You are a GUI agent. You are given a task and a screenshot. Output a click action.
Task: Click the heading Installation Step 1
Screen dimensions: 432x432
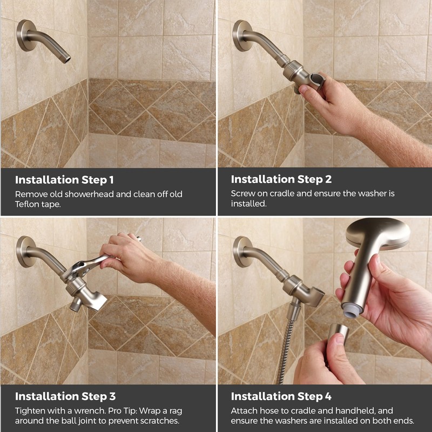coord(64,179)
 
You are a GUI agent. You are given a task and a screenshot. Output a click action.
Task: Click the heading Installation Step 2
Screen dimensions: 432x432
coord(280,179)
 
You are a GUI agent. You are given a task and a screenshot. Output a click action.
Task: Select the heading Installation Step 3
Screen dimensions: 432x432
coord(65,396)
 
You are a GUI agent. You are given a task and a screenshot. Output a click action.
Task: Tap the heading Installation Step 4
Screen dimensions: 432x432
coord(281,396)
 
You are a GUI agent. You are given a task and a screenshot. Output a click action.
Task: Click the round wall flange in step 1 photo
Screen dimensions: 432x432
coord(25,35)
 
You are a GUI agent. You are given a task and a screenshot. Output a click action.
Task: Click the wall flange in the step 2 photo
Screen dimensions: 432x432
coord(242,35)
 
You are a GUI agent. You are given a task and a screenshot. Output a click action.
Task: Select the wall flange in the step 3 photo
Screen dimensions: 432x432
coord(25,251)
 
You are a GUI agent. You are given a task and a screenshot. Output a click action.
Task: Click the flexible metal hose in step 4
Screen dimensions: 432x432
coord(285,351)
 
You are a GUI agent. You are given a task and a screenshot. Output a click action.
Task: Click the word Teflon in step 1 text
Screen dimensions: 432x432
coord(28,204)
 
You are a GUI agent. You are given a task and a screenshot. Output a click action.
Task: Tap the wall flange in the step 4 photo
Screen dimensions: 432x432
coord(242,251)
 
